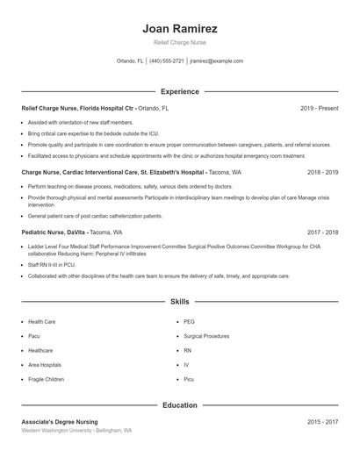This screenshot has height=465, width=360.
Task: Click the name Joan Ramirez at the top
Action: [x=179, y=28]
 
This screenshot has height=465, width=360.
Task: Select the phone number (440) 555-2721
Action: [x=167, y=61]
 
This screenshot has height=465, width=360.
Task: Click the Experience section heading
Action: [x=179, y=91]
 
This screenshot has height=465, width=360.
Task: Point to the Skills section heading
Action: [x=179, y=301]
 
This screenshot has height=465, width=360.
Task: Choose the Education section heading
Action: [x=179, y=405]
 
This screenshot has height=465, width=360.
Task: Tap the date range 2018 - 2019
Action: [x=322, y=173]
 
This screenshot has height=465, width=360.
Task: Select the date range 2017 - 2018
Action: [x=322, y=232]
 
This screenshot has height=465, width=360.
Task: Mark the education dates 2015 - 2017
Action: [x=322, y=422]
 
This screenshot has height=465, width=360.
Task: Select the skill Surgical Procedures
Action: [x=206, y=336]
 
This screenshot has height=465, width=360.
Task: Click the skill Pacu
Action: [x=34, y=336]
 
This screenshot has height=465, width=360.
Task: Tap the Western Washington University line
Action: [x=76, y=431]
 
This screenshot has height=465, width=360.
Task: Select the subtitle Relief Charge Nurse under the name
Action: [x=179, y=42]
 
